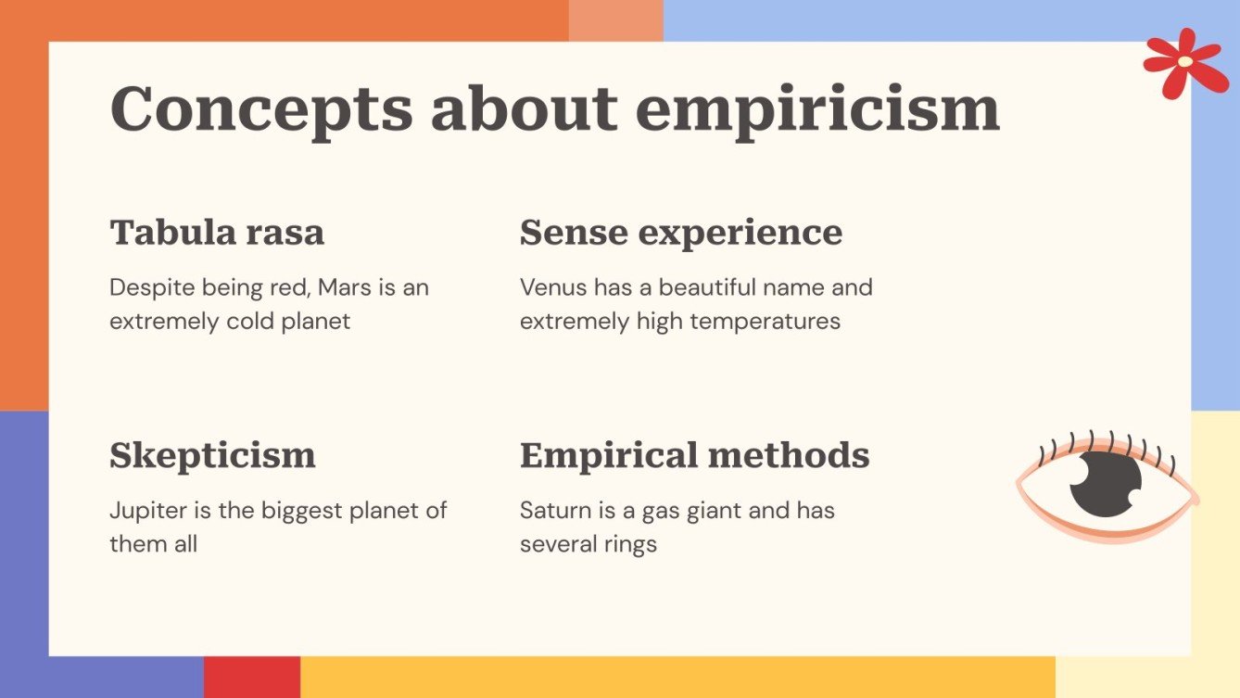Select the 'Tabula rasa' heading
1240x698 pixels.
coord(217,232)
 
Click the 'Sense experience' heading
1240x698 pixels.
coord(680,232)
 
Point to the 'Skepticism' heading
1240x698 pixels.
coord(212,455)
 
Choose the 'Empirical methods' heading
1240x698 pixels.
coord(694,455)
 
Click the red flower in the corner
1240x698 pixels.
coord(1184,62)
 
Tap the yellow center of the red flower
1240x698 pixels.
coord(1185,61)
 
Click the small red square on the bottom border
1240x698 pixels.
coord(252,677)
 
